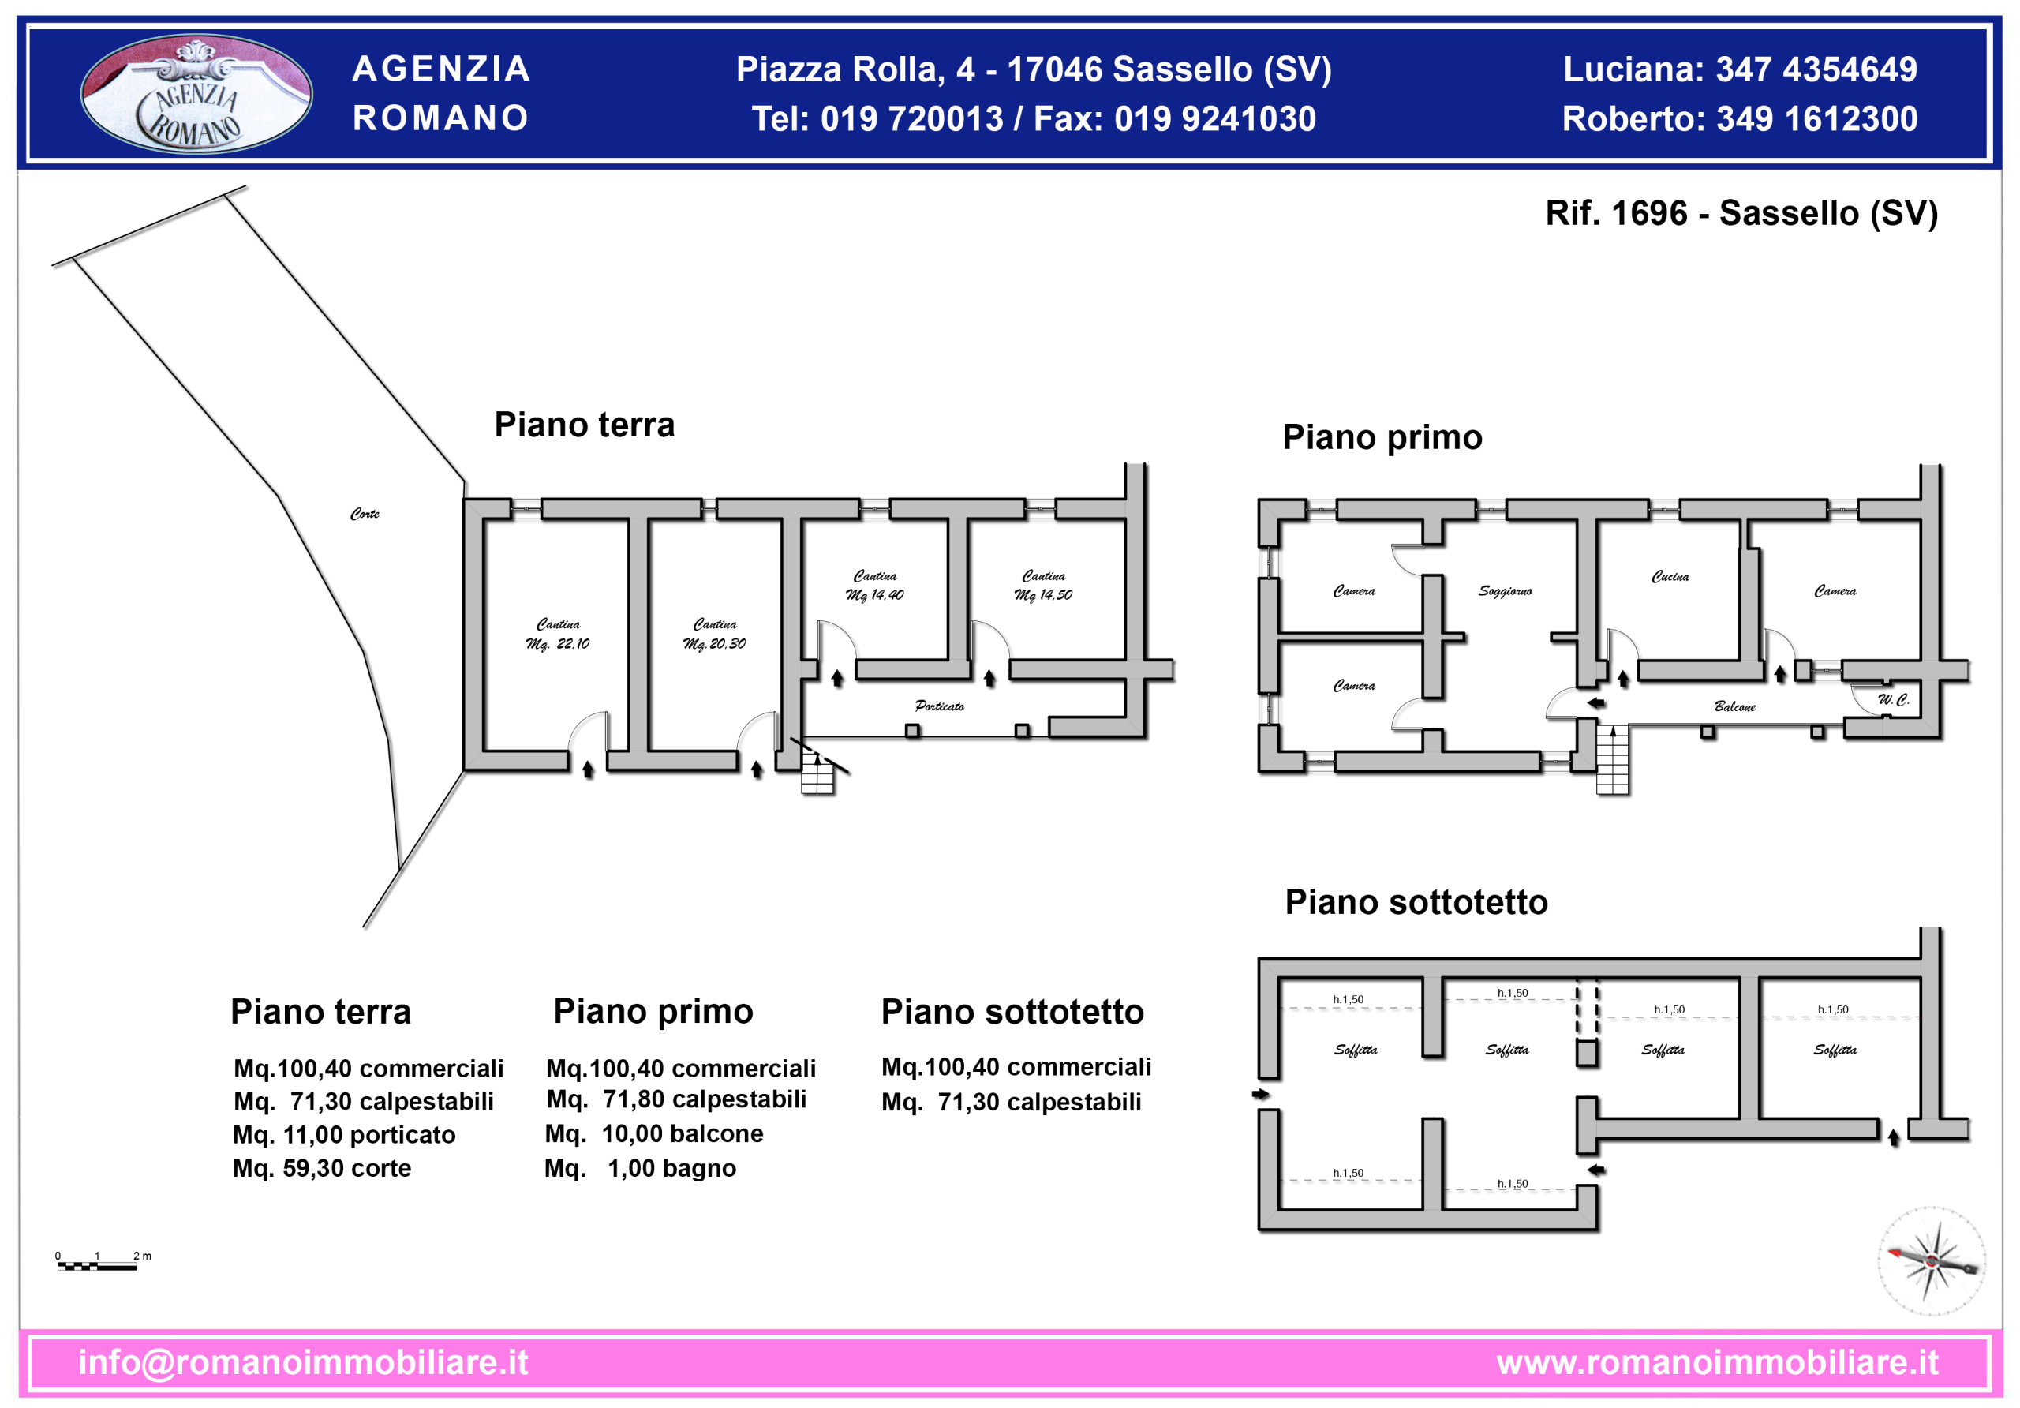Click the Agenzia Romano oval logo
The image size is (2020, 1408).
pos(196,93)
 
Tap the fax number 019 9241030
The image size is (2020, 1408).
pos(1215,119)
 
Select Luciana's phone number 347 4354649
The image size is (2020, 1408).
pos(1816,69)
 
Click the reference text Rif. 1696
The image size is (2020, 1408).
pos(1617,213)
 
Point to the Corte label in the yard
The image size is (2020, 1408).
pos(365,514)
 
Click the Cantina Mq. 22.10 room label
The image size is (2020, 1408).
pos(558,634)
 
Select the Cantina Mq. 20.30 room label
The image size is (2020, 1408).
pos(714,634)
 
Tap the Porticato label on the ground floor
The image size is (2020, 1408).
pos(940,706)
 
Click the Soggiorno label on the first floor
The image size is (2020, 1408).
pos(1505,591)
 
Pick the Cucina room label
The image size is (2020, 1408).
pos(1670,576)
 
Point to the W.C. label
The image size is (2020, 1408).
pos(1893,699)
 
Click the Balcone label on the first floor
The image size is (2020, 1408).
pos(1734,706)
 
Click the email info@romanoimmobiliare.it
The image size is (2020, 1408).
pos(304,1362)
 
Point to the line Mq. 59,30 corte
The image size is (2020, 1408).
pos(322,1168)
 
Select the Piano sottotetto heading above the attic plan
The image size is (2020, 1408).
pos(1416,902)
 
